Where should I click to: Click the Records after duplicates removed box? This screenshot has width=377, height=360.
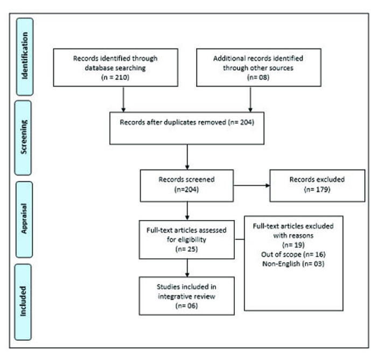pos(187,128)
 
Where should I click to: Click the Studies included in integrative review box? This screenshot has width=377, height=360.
pos(186,295)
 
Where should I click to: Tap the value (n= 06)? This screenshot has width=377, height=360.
pos(186,305)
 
